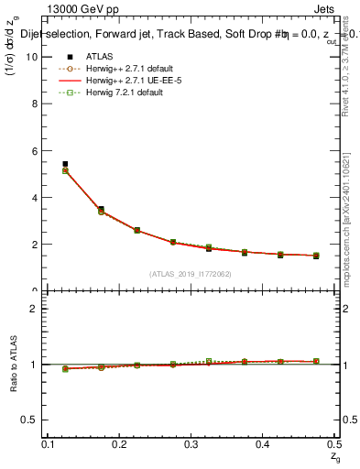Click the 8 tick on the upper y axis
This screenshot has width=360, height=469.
(x=37, y=103)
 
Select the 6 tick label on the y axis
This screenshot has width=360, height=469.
(x=37, y=150)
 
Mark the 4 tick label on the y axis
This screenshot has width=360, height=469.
(x=37, y=197)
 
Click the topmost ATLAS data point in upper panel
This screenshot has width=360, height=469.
(x=65, y=164)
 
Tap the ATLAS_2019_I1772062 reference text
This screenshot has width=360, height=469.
(x=191, y=273)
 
